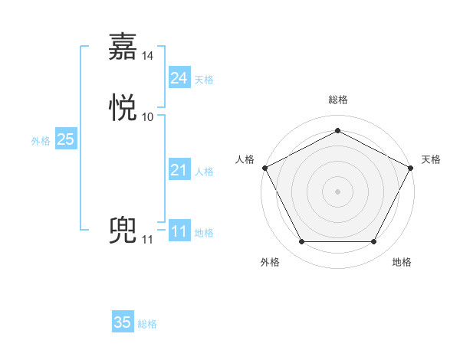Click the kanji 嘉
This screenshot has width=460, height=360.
click(123, 47)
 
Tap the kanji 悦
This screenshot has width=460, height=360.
click(123, 109)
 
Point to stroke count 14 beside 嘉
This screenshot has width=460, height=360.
click(148, 55)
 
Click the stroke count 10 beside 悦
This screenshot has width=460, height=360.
click(148, 117)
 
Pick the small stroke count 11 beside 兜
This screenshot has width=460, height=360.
click(147, 240)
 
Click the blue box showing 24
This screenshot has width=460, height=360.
click(179, 78)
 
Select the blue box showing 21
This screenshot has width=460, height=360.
click(179, 170)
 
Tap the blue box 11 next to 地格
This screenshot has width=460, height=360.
click(179, 231)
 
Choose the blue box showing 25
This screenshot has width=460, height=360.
click(65, 139)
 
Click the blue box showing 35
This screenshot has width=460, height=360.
click(123, 322)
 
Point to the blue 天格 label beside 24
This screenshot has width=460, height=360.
click(204, 80)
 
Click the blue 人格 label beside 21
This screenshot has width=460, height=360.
click(204, 172)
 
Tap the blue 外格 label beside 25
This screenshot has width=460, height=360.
click(41, 141)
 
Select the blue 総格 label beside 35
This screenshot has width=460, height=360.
click(147, 324)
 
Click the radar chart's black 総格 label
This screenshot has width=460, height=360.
click(337, 100)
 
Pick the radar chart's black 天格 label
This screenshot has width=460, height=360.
click(431, 159)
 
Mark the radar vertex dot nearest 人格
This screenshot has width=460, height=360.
click(264, 167)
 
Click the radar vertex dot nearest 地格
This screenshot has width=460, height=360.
click(373, 242)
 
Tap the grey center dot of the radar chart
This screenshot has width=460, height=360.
click(337, 191)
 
